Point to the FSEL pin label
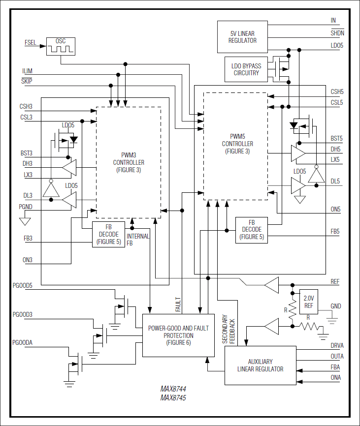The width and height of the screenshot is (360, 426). click(30, 43)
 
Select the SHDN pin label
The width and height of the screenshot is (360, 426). click(337, 33)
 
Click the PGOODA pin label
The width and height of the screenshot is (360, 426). click(22, 342)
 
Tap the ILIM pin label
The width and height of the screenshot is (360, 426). click(27, 71)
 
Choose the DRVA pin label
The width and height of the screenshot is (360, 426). click(337, 346)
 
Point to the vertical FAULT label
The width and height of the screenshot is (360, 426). click(178, 304)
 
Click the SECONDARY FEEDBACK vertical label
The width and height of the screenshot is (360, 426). click(229, 329)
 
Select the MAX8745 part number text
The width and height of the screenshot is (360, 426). click(173, 398)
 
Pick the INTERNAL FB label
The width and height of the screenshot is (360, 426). click(138, 240)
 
